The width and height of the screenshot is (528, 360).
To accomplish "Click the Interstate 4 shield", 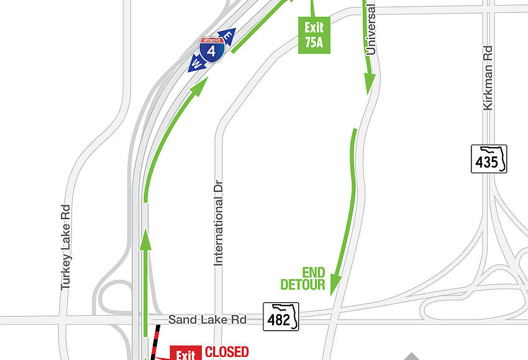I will (x=212, y=50).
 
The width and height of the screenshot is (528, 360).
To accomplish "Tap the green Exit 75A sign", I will (x=314, y=35).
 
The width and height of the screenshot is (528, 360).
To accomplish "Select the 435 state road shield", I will (x=488, y=159).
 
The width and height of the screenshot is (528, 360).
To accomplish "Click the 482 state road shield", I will (x=281, y=317).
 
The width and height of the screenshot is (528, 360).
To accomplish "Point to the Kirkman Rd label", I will (x=488, y=78).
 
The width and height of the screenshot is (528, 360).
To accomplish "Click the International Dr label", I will (x=218, y=223).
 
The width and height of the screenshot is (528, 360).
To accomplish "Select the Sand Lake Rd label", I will (x=207, y=320).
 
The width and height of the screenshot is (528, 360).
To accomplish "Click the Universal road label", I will (x=371, y=29).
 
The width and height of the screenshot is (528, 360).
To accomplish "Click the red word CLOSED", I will (x=227, y=352).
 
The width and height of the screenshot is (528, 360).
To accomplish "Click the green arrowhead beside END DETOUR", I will (x=335, y=284).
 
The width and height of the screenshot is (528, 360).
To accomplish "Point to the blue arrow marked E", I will (x=227, y=37).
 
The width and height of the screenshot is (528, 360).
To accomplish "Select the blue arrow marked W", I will (x=196, y=64).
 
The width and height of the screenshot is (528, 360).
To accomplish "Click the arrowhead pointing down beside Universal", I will (x=370, y=82).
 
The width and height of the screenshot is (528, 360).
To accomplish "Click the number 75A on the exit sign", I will (x=314, y=43).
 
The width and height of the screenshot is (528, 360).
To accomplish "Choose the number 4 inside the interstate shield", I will (x=212, y=52).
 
